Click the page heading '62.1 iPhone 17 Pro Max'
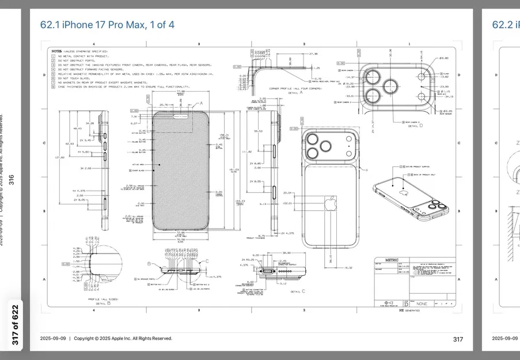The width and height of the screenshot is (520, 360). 107,25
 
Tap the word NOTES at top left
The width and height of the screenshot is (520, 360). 56,51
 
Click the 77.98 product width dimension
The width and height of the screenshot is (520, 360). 180,92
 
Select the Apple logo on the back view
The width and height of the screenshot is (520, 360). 331,203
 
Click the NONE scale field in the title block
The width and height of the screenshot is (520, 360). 422,303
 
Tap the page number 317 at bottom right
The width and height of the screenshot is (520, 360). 458,339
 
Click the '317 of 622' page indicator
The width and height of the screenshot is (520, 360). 16,325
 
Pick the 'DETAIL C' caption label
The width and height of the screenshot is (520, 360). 298,292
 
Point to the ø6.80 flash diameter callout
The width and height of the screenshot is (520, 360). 443,59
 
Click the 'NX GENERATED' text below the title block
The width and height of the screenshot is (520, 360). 409,310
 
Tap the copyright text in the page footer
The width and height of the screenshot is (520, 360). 106,339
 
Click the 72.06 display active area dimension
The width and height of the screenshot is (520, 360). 180,232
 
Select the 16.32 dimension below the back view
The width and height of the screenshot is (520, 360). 348,267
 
